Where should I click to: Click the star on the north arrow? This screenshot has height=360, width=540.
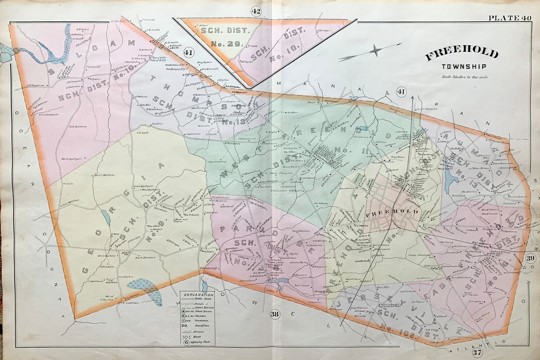[x=376, y=51]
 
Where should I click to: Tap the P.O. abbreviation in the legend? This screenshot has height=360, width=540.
[x=185, y=326]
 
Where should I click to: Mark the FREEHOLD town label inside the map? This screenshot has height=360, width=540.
[x=391, y=211]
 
